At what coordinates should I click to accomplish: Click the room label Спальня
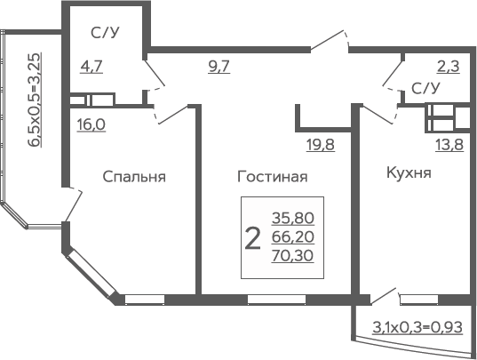[x=134, y=177]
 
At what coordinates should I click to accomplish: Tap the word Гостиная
[x=273, y=177]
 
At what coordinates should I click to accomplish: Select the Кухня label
[x=409, y=172]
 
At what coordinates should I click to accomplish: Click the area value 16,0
[x=91, y=124]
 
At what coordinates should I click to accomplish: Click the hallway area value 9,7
[x=219, y=67]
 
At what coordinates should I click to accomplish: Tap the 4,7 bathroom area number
[x=91, y=67]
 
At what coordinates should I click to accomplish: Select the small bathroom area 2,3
[x=448, y=67]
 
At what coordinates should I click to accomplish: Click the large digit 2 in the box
[x=253, y=239]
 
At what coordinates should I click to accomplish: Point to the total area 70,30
[x=292, y=256]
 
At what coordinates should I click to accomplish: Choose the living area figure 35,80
[x=293, y=218]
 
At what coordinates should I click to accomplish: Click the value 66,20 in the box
[x=292, y=237]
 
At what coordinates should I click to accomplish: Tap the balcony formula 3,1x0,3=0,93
[x=417, y=328]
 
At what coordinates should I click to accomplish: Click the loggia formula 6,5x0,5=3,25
[x=36, y=100]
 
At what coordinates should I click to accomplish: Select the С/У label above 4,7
[x=105, y=33]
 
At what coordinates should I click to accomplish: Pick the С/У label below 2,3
[x=425, y=88]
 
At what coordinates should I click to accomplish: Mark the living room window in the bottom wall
[x=276, y=300]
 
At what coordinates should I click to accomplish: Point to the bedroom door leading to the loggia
[x=73, y=204]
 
